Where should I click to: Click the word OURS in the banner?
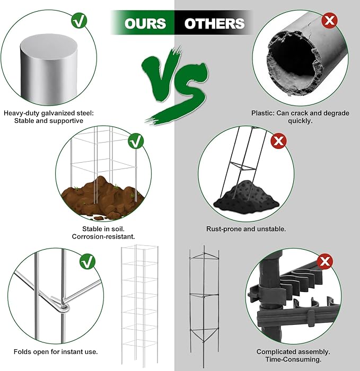point(145,23)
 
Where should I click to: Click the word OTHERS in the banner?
point(214,23)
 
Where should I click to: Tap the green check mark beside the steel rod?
point(79,20)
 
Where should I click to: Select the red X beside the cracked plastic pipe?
point(329,20)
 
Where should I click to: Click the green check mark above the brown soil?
point(136,141)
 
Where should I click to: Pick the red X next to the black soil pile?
point(278,141)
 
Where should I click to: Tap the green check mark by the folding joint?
point(87,261)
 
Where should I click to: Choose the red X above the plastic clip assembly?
point(324,261)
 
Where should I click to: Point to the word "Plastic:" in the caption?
point(262,113)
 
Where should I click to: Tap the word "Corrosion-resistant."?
point(103,236)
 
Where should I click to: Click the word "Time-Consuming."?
point(293,359)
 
